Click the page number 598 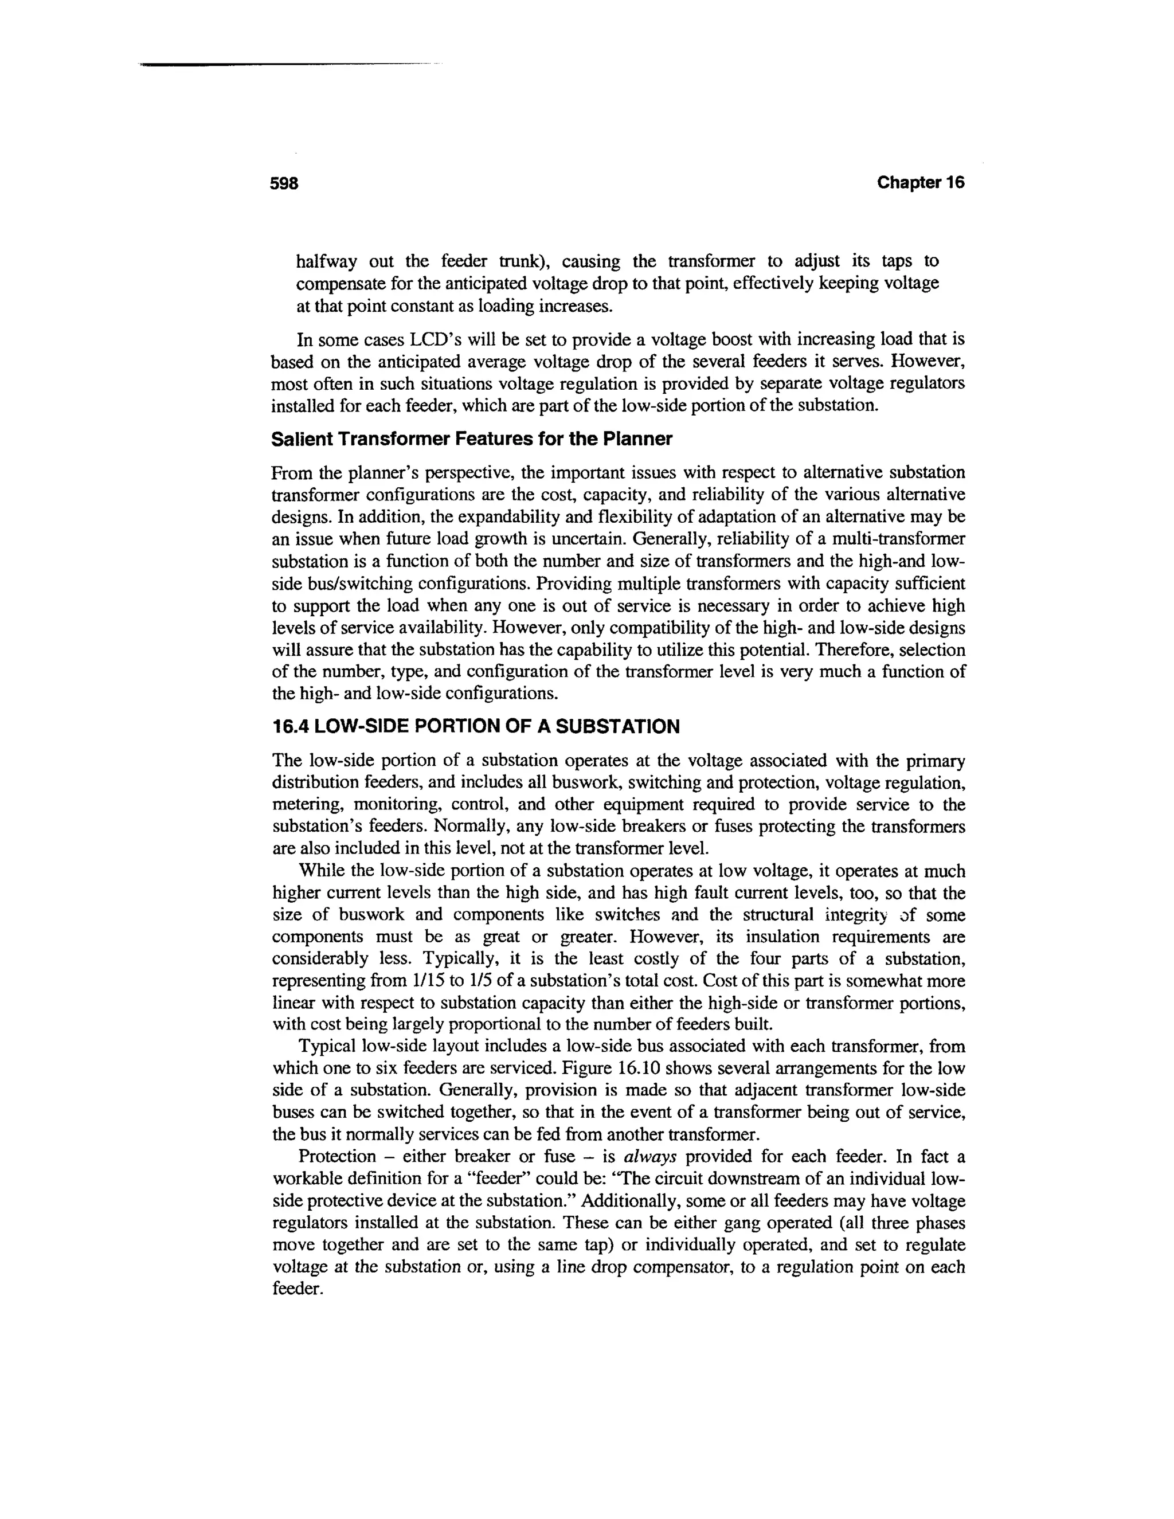click(x=284, y=183)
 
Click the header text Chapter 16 click(x=920, y=183)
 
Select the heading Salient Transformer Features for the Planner click(x=472, y=440)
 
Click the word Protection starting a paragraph click(x=336, y=1157)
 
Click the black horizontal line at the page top click(x=278, y=65)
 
